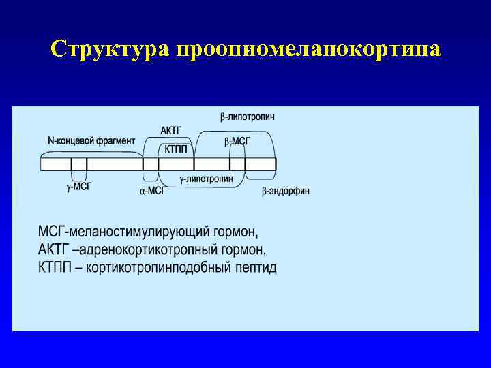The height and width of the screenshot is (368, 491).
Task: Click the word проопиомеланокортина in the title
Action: click(308, 50)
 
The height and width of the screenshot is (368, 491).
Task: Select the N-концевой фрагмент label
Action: click(91, 140)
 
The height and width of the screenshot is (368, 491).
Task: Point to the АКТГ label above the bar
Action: click(172, 130)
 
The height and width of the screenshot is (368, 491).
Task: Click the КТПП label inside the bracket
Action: click(176, 149)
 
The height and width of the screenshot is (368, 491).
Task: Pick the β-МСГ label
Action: click(237, 141)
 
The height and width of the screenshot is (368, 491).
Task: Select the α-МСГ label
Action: click(151, 191)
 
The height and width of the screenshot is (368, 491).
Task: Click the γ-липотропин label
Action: click(206, 179)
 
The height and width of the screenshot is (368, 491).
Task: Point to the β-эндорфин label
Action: click(285, 191)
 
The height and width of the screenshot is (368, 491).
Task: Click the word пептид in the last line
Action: click(255, 266)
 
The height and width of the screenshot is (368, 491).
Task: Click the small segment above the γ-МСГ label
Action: click(79, 164)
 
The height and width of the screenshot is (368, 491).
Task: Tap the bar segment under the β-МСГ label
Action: click(237, 164)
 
